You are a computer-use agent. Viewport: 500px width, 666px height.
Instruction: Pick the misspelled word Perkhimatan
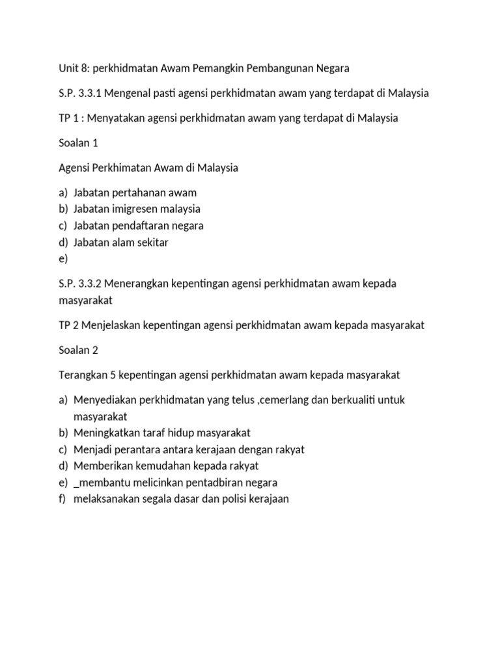(122, 168)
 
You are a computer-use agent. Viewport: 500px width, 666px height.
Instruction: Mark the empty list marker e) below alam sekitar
(62, 259)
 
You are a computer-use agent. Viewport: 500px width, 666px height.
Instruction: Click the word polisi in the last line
(229, 499)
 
